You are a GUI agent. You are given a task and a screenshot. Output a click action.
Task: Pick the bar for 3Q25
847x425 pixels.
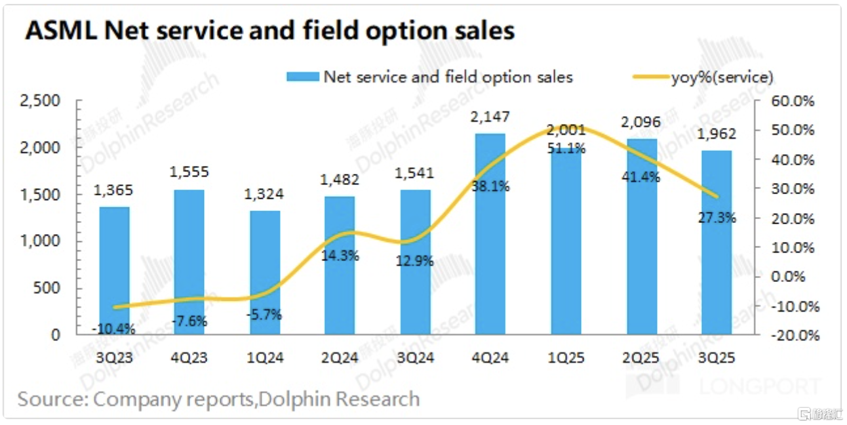(x=717, y=242)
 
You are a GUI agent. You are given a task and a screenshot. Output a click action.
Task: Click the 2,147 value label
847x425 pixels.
(x=490, y=117)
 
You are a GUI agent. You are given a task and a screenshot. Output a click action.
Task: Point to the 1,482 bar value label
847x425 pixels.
(x=340, y=180)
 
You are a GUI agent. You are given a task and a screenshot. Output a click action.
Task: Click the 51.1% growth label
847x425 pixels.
(x=566, y=149)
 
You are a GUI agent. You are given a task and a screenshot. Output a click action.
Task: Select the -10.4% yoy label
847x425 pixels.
(x=114, y=329)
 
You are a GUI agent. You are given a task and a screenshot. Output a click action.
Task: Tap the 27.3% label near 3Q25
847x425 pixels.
(x=717, y=218)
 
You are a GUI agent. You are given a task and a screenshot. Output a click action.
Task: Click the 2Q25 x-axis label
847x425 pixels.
(x=641, y=357)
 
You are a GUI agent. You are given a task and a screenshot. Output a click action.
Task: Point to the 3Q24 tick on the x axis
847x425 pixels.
(x=415, y=357)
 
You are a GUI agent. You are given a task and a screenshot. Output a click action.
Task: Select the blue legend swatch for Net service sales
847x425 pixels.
(x=302, y=77)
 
